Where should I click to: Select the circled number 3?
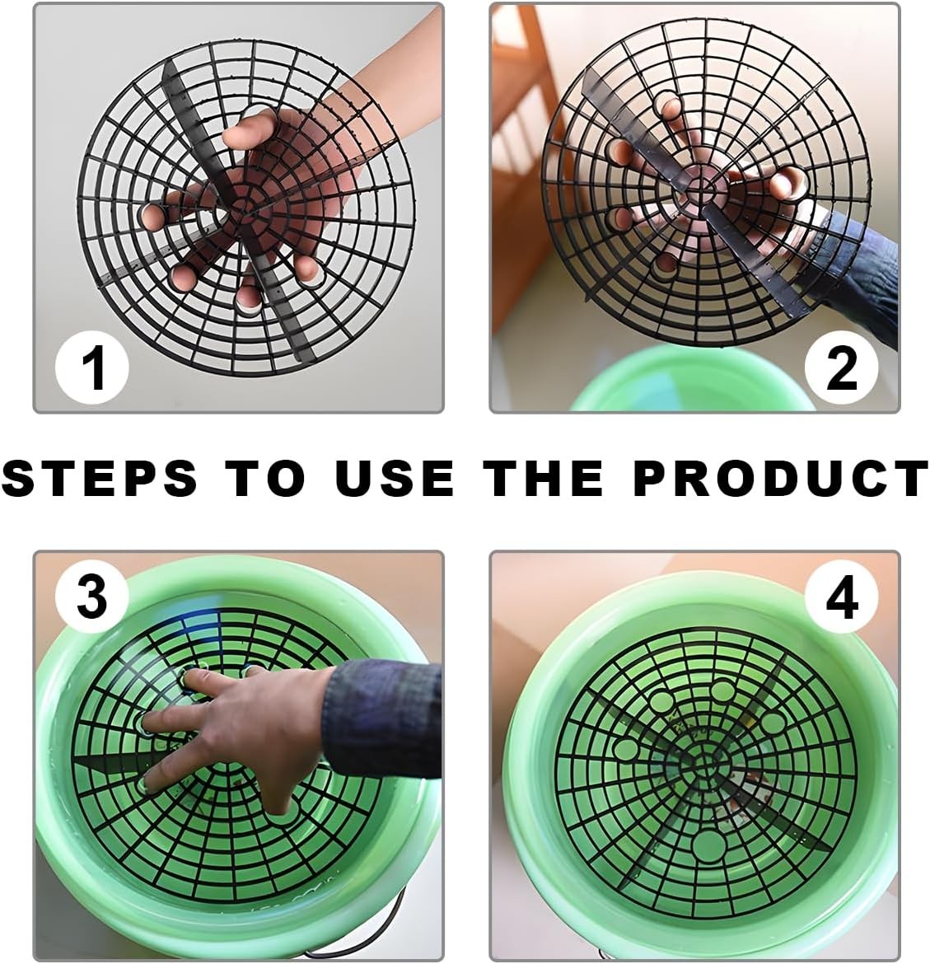pos(91,596)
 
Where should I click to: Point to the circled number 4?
pos(841,597)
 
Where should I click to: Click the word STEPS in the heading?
pos(100,478)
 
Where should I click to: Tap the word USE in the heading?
pos(395,478)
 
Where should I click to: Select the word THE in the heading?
pos(543,478)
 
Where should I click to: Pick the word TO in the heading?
pos(264,478)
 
